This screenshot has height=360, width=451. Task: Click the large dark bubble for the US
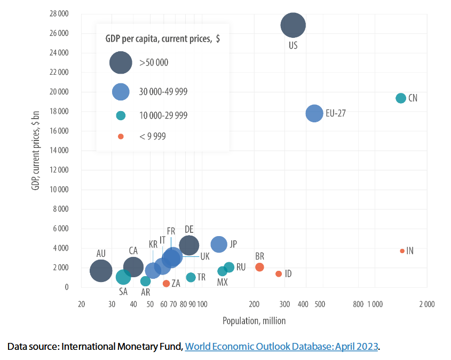(x=293, y=25)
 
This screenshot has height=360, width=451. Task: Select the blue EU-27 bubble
(x=314, y=113)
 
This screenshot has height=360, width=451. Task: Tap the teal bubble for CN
(x=401, y=98)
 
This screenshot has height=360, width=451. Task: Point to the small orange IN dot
(x=402, y=251)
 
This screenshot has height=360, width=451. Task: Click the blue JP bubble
(x=219, y=244)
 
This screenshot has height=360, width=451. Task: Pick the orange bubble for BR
(x=259, y=267)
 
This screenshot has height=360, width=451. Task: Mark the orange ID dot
(x=279, y=274)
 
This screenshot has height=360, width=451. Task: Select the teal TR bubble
(x=191, y=277)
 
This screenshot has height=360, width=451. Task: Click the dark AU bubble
(x=101, y=271)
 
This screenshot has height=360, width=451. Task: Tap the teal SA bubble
(x=123, y=277)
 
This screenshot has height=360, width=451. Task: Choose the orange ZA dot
(x=166, y=284)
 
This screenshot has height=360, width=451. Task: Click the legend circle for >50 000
(x=121, y=62)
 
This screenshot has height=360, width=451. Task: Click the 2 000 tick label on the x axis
(x=425, y=304)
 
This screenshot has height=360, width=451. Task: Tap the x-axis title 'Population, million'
(x=254, y=321)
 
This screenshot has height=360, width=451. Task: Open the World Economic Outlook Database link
(x=281, y=347)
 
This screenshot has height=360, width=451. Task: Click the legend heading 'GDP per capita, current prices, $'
(x=162, y=38)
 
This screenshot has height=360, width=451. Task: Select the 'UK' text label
(x=205, y=256)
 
